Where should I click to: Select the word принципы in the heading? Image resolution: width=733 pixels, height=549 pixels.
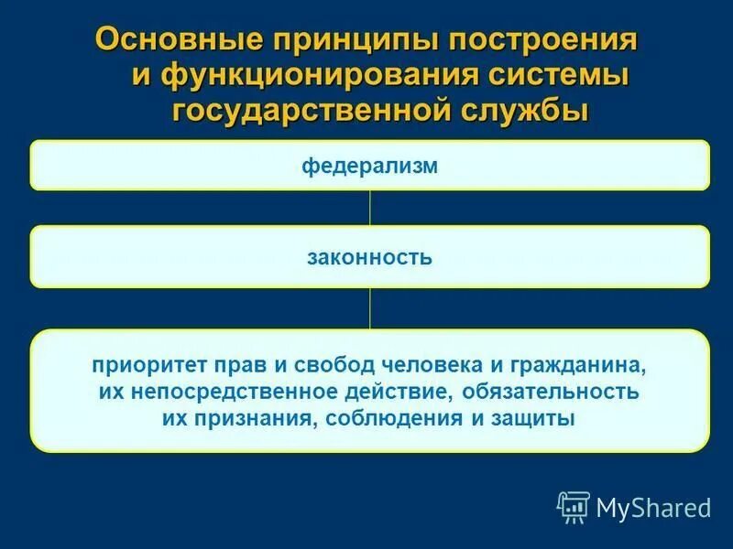coord(343,40)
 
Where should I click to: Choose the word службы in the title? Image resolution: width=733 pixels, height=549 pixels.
coord(524,110)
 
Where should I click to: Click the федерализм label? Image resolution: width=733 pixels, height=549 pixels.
coord(369,166)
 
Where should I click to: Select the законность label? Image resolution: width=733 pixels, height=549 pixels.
coord(369,257)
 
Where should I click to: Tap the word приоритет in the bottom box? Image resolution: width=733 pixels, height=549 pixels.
coord(146,365)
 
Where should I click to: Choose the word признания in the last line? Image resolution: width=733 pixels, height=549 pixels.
coord(246,419)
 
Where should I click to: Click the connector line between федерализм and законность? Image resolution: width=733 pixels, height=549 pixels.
coord(369,208)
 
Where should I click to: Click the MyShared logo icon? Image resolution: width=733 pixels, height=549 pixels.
coord(574,506)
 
